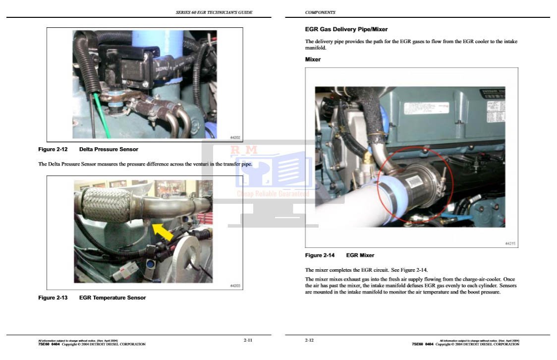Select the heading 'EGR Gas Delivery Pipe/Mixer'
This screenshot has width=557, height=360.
click(x=346, y=29)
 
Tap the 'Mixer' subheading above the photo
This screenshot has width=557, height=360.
click(x=313, y=60)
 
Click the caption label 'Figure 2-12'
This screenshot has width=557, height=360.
click(x=53, y=149)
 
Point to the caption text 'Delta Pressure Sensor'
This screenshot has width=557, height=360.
click(x=109, y=149)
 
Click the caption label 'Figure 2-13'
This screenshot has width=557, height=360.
click(x=53, y=298)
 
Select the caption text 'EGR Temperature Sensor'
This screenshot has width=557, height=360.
click(x=112, y=298)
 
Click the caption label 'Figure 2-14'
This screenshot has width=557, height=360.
click(x=320, y=255)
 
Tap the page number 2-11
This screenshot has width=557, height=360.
click(x=248, y=340)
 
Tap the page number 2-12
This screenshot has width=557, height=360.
click(x=309, y=340)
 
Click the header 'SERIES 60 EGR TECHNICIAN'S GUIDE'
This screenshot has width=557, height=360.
click(x=214, y=12)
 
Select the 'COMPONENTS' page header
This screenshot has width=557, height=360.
click(x=320, y=12)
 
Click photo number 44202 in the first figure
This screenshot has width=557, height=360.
click(x=235, y=137)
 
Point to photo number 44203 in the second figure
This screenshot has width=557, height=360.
click(x=235, y=286)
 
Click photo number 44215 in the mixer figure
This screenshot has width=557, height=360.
click(x=510, y=243)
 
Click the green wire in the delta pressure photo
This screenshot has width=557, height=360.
click(x=101, y=114)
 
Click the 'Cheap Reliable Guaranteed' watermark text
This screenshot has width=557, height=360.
click(x=273, y=194)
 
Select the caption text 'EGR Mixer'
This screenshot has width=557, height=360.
click(x=360, y=255)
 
